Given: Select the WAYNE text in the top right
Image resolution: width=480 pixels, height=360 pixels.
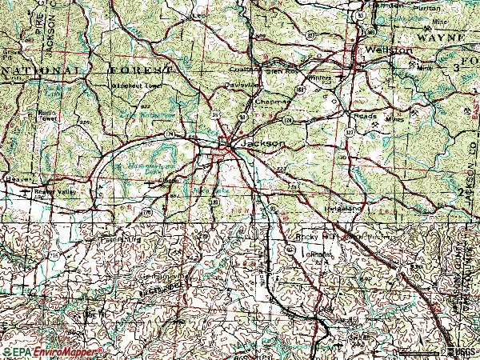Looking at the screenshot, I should pos(440,38).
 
